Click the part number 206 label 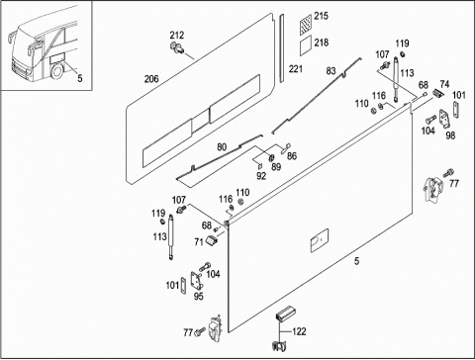[x=151, y=79]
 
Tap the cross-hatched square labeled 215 [x=306, y=26]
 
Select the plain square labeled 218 [x=306, y=45]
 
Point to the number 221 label [x=296, y=69]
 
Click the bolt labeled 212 [x=177, y=47]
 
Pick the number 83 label [x=331, y=71]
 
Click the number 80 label [x=222, y=147]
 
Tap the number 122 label [x=299, y=331]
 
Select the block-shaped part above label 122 [x=285, y=313]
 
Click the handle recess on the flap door [x=320, y=240]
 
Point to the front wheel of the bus [x=57, y=72]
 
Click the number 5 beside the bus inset [x=80, y=78]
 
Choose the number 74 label [x=444, y=84]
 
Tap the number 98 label [x=450, y=135]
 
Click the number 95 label [x=198, y=297]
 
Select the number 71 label [x=199, y=242]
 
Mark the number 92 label [x=261, y=176]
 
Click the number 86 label [x=292, y=156]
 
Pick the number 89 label [x=276, y=167]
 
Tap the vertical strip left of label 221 [x=282, y=48]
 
